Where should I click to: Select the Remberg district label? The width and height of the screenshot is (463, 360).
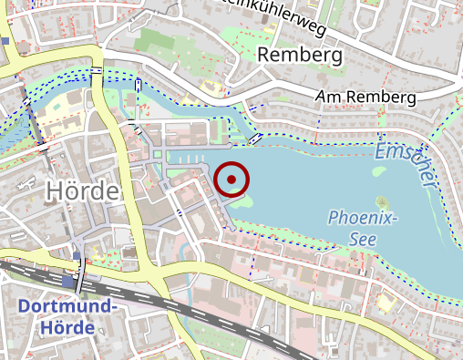pyautogui.click(x=300, y=56)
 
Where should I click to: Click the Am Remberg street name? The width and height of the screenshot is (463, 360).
pyautogui.click(x=365, y=97)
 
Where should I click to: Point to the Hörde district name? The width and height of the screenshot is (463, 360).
pyautogui.click(x=82, y=191)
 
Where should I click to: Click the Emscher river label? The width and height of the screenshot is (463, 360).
pyautogui.click(x=404, y=161)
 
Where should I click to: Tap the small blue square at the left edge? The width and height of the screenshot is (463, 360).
pyautogui.click(x=5, y=41)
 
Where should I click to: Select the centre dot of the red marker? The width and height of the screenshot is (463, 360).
pyautogui.click(x=233, y=180)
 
